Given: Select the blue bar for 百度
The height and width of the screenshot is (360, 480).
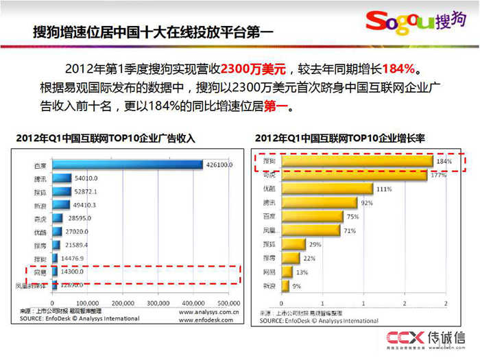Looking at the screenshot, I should [127, 165].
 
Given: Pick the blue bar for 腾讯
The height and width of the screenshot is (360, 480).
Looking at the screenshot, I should [62, 178].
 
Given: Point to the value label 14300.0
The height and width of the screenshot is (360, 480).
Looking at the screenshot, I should [71, 272].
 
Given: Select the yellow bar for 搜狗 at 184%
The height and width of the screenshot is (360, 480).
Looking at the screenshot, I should [356, 162].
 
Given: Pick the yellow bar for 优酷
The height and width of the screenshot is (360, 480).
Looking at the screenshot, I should [326, 189].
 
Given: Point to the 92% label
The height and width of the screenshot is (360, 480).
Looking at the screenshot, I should [368, 203].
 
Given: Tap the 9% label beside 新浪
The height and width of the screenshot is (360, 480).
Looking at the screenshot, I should [296, 285].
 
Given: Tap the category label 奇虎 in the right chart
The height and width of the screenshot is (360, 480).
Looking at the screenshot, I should [269, 176].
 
